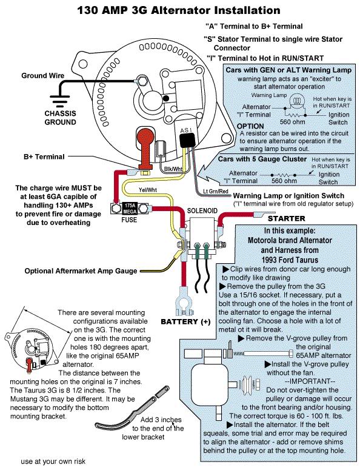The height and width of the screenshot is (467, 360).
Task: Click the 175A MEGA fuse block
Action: pyautogui.click(x=130, y=208)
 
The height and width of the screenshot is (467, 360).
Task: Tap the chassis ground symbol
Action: pyautogui.click(x=59, y=101)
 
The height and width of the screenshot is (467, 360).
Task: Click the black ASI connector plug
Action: pyautogui.click(x=187, y=139)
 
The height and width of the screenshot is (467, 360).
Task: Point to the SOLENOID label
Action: pyautogui.click(x=202, y=211)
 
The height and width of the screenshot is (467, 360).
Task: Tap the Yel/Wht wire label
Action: pyautogui.click(x=147, y=190)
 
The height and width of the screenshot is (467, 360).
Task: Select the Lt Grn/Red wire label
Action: pyautogui.click(x=215, y=191)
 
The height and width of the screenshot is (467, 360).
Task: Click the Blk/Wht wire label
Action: pyautogui.click(x=173, y=169)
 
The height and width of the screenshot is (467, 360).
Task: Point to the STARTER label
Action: pyautogui.click(x=287, y=218)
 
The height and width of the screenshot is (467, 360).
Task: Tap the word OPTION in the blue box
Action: pyautogui.click(x=250, y=126)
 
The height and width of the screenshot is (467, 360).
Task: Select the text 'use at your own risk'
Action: pyautogui.click(x=53, y=462)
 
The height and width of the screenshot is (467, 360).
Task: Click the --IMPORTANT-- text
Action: pyautogui.click(x=310, y=381)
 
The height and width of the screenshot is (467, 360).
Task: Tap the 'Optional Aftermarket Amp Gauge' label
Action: pyautogui.click(x=81, y=271)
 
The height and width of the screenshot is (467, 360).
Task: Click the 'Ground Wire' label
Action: pyautogui.click(x=42, y=76)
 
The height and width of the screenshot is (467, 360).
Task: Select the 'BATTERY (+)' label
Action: pyautogui.click(x=185, y=321)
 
